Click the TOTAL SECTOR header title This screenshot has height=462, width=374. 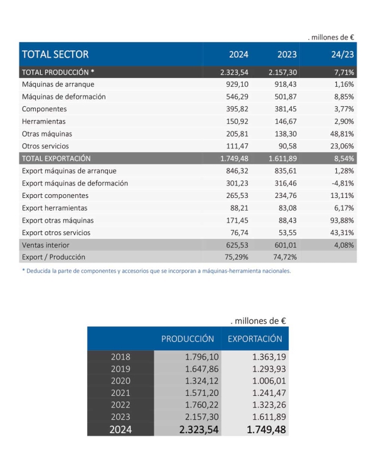(55, 54)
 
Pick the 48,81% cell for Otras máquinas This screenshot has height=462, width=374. (341, 134)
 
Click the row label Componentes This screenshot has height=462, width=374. (45, 109)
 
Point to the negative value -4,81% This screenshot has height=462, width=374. (342, 183)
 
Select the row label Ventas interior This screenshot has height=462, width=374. (46, 245)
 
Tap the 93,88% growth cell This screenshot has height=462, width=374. (341, 220)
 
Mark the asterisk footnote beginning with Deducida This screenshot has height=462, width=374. (156, 272)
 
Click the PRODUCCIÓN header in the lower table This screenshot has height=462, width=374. (188, 339)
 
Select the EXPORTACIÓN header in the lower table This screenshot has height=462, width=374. (255, 339)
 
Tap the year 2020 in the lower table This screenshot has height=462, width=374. (120, 381)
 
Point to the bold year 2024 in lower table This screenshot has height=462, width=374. (120, 430)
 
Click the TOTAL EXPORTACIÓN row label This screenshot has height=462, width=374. (56, 158)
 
